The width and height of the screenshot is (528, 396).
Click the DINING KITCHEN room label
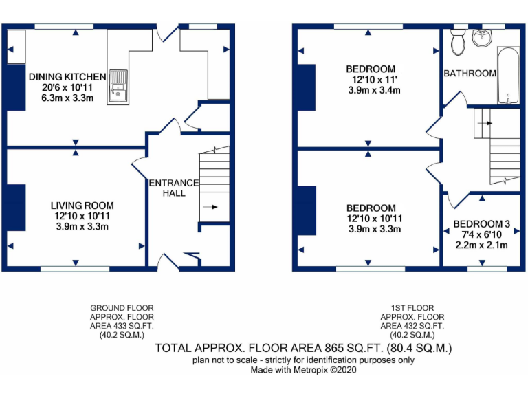(x=67, y=76)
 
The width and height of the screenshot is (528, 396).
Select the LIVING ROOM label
(x=82, y=206)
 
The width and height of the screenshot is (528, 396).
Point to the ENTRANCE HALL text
(x=173, y=188)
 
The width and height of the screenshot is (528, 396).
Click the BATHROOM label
(x=470, y=74)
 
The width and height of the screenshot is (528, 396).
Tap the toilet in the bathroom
(x=457, y=42)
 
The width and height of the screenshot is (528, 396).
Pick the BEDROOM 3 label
(x=481, y=224)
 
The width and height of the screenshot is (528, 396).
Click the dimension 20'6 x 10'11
(x=67, y=87)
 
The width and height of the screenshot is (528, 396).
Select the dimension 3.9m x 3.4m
(x=371, y=91)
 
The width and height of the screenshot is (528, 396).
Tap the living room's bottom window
(x=74, y=267)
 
